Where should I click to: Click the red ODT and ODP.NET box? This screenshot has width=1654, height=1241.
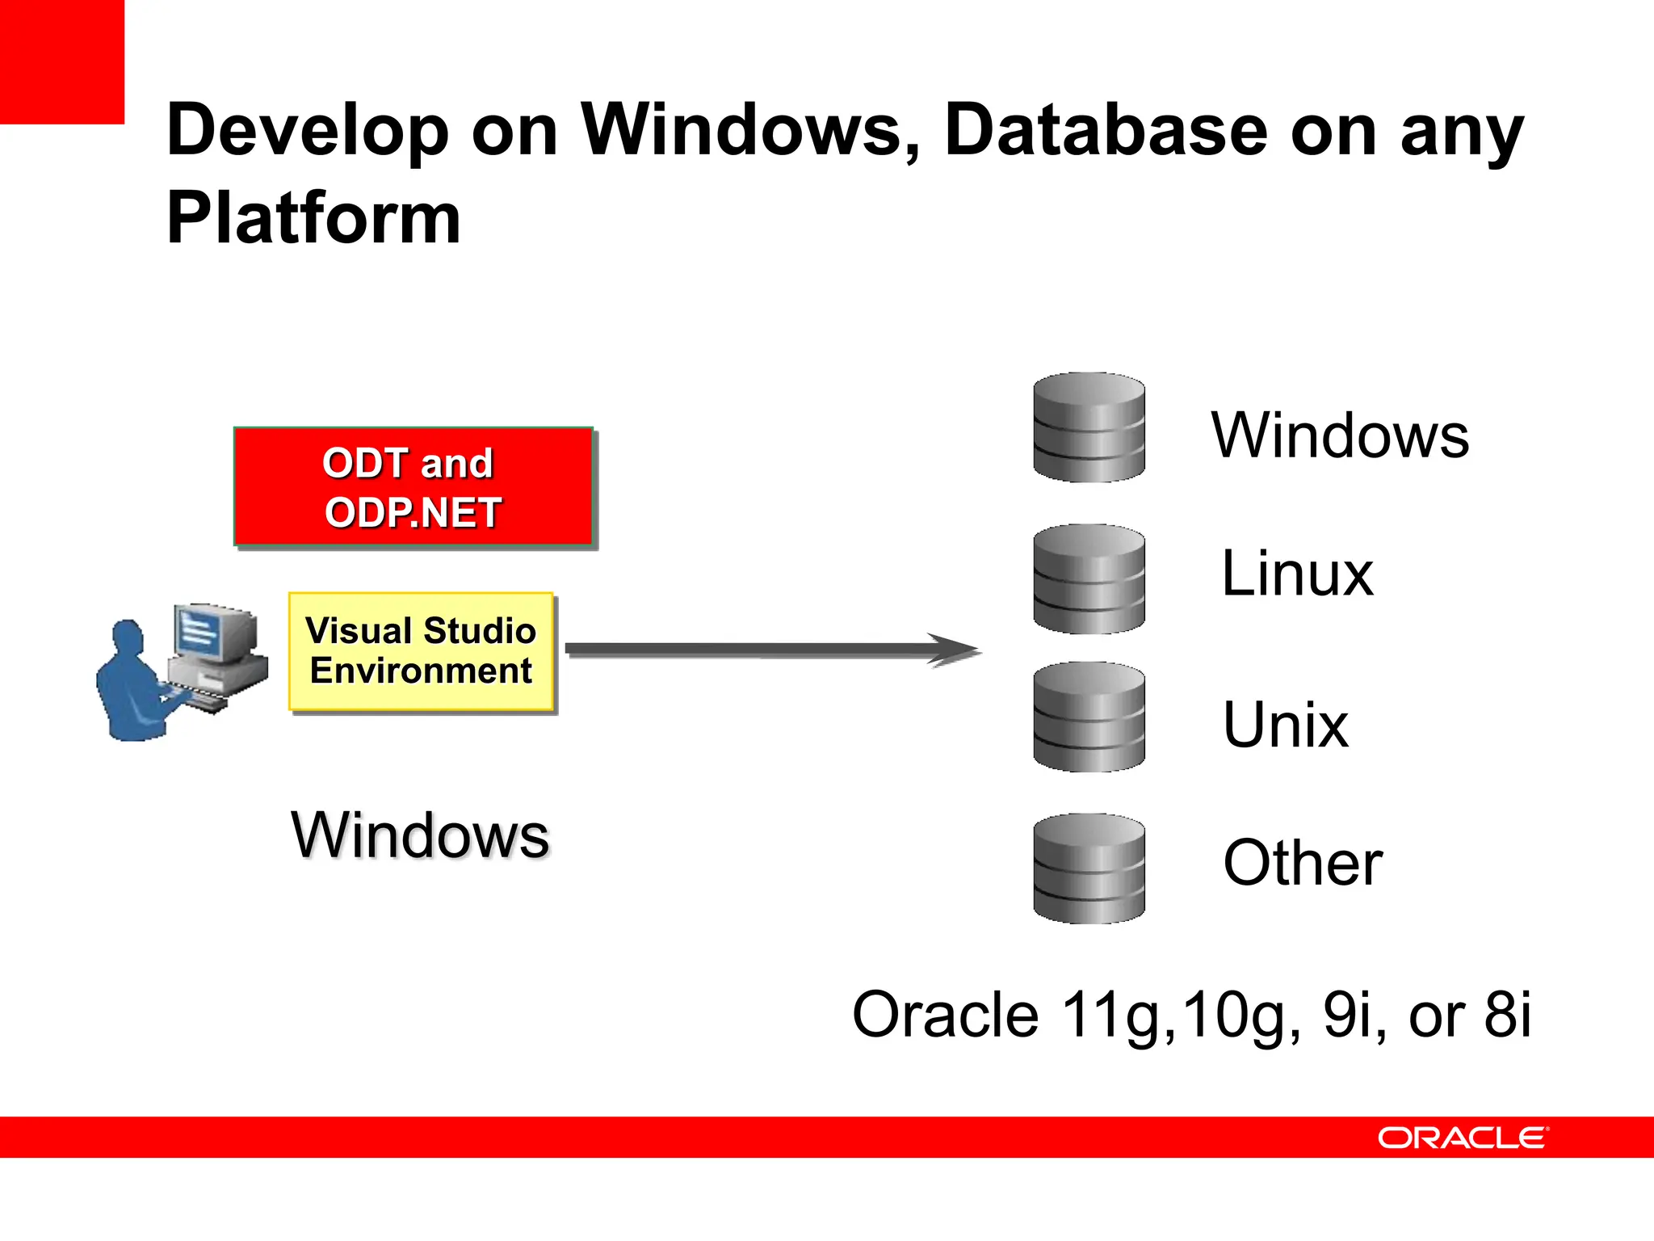tap(413, 487)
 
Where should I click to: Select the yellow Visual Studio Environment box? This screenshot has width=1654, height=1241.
tap(421, 651)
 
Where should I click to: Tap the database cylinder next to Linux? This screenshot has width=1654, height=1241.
tap(1089, 578)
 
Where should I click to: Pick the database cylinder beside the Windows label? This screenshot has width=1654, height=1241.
tap(1089, 427)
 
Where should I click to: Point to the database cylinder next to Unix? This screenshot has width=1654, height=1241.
tap(1089, 717)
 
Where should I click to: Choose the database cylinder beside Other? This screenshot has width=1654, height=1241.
tap(1089, 869)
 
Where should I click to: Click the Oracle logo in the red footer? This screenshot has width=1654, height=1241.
tap(1463, 1138)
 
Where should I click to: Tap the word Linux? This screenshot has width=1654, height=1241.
tap(1297, 574)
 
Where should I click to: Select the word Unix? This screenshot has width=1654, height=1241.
tap(1285, 725)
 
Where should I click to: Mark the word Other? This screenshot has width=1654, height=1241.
tap(1302, 863)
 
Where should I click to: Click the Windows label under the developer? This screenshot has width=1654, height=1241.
tap(420, 835)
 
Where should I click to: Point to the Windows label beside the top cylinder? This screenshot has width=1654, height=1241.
tap(1340, 435)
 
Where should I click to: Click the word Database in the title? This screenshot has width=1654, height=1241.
tap(1106, 131)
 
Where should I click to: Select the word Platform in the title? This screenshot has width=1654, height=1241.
tap(313, 218)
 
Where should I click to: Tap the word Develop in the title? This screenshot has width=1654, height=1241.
tap(307, 131)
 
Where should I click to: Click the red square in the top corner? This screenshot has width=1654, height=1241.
tap(61, 61)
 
